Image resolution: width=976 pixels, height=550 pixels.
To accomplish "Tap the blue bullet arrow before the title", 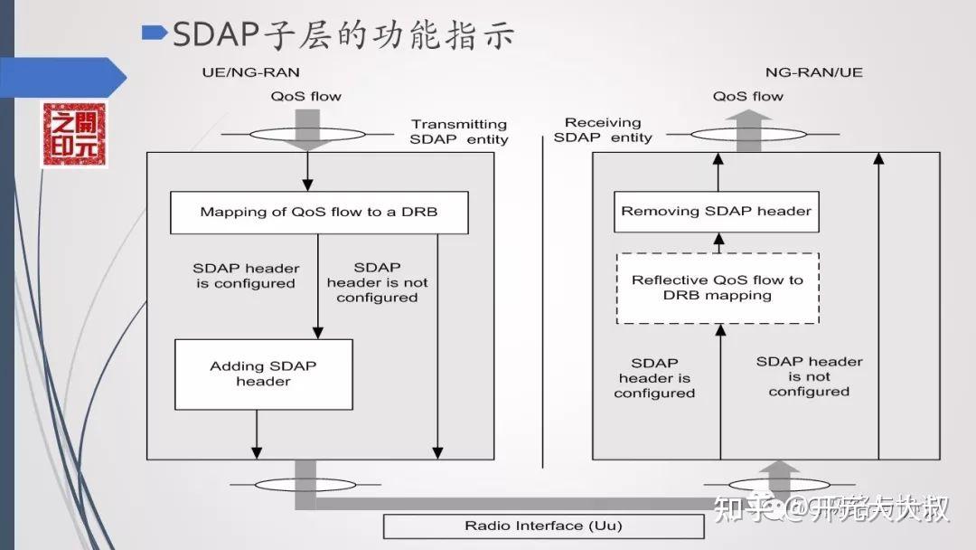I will tap(155, 33).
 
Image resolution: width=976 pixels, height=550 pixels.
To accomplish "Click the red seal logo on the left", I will tap(73, 135).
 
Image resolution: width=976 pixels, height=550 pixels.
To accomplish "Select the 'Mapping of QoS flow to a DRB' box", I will tap(319, 213).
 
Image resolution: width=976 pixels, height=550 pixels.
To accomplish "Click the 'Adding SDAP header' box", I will tap(263, 374).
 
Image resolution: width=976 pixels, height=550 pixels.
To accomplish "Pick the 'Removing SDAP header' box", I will tap(716, 212).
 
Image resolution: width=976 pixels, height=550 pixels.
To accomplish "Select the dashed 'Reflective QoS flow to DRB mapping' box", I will tap(717, 288).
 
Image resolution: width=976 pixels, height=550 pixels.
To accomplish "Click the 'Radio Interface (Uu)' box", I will tap(543, 526).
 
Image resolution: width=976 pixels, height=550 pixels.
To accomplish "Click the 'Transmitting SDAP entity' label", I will tap(459, 132).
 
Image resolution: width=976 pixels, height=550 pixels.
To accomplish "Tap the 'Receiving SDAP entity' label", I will tap(603, 130).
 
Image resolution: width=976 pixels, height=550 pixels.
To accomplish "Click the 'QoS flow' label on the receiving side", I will tap(747, 96).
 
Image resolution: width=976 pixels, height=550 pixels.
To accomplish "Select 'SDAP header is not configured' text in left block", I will tap(377, 282).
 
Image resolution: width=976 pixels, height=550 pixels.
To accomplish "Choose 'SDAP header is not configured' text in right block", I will tap(809, 376).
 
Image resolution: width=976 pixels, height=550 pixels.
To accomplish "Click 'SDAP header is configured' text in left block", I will tap(245, 276).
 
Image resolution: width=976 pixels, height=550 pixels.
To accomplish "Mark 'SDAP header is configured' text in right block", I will tap(654, 377).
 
